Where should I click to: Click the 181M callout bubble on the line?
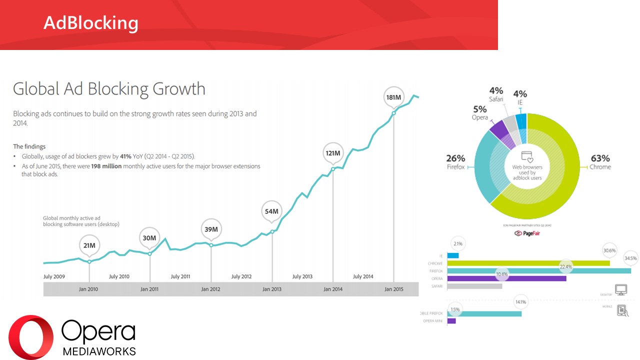[393, 97]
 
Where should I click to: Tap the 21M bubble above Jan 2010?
[89, 245]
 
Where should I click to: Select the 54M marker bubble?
[271, 211]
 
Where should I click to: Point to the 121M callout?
[332, 153]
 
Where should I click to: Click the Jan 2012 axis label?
[210, 289]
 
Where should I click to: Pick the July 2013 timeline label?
[302, 276]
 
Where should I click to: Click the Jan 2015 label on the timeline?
[394, 289]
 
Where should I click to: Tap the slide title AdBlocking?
[91, 22]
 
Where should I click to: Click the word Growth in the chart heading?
[178, 89]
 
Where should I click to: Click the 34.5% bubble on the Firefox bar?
[630, 258]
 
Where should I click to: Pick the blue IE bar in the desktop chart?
[452, 255]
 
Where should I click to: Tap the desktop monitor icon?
[620, 289]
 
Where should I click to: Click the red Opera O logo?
[31, 337]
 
